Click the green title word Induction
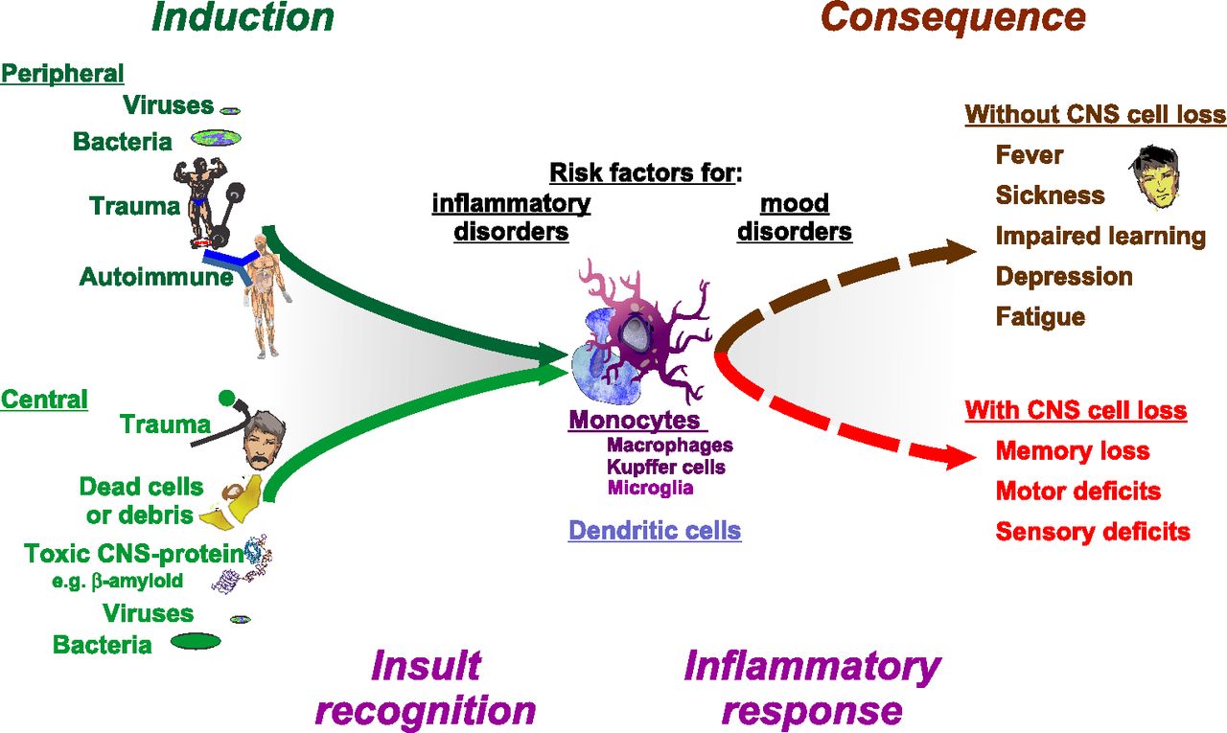(243, 17)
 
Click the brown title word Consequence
(953, 17)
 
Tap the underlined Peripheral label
(62, 74)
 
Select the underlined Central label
(44, 400)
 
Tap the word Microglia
(650, 487)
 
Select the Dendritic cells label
(655, 531)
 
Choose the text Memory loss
(1073, 451)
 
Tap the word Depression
(1064, 277)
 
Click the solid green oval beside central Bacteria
(196, 641)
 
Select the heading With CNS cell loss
(1076, 410)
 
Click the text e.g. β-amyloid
(117, 581)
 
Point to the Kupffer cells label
(666, 467)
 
